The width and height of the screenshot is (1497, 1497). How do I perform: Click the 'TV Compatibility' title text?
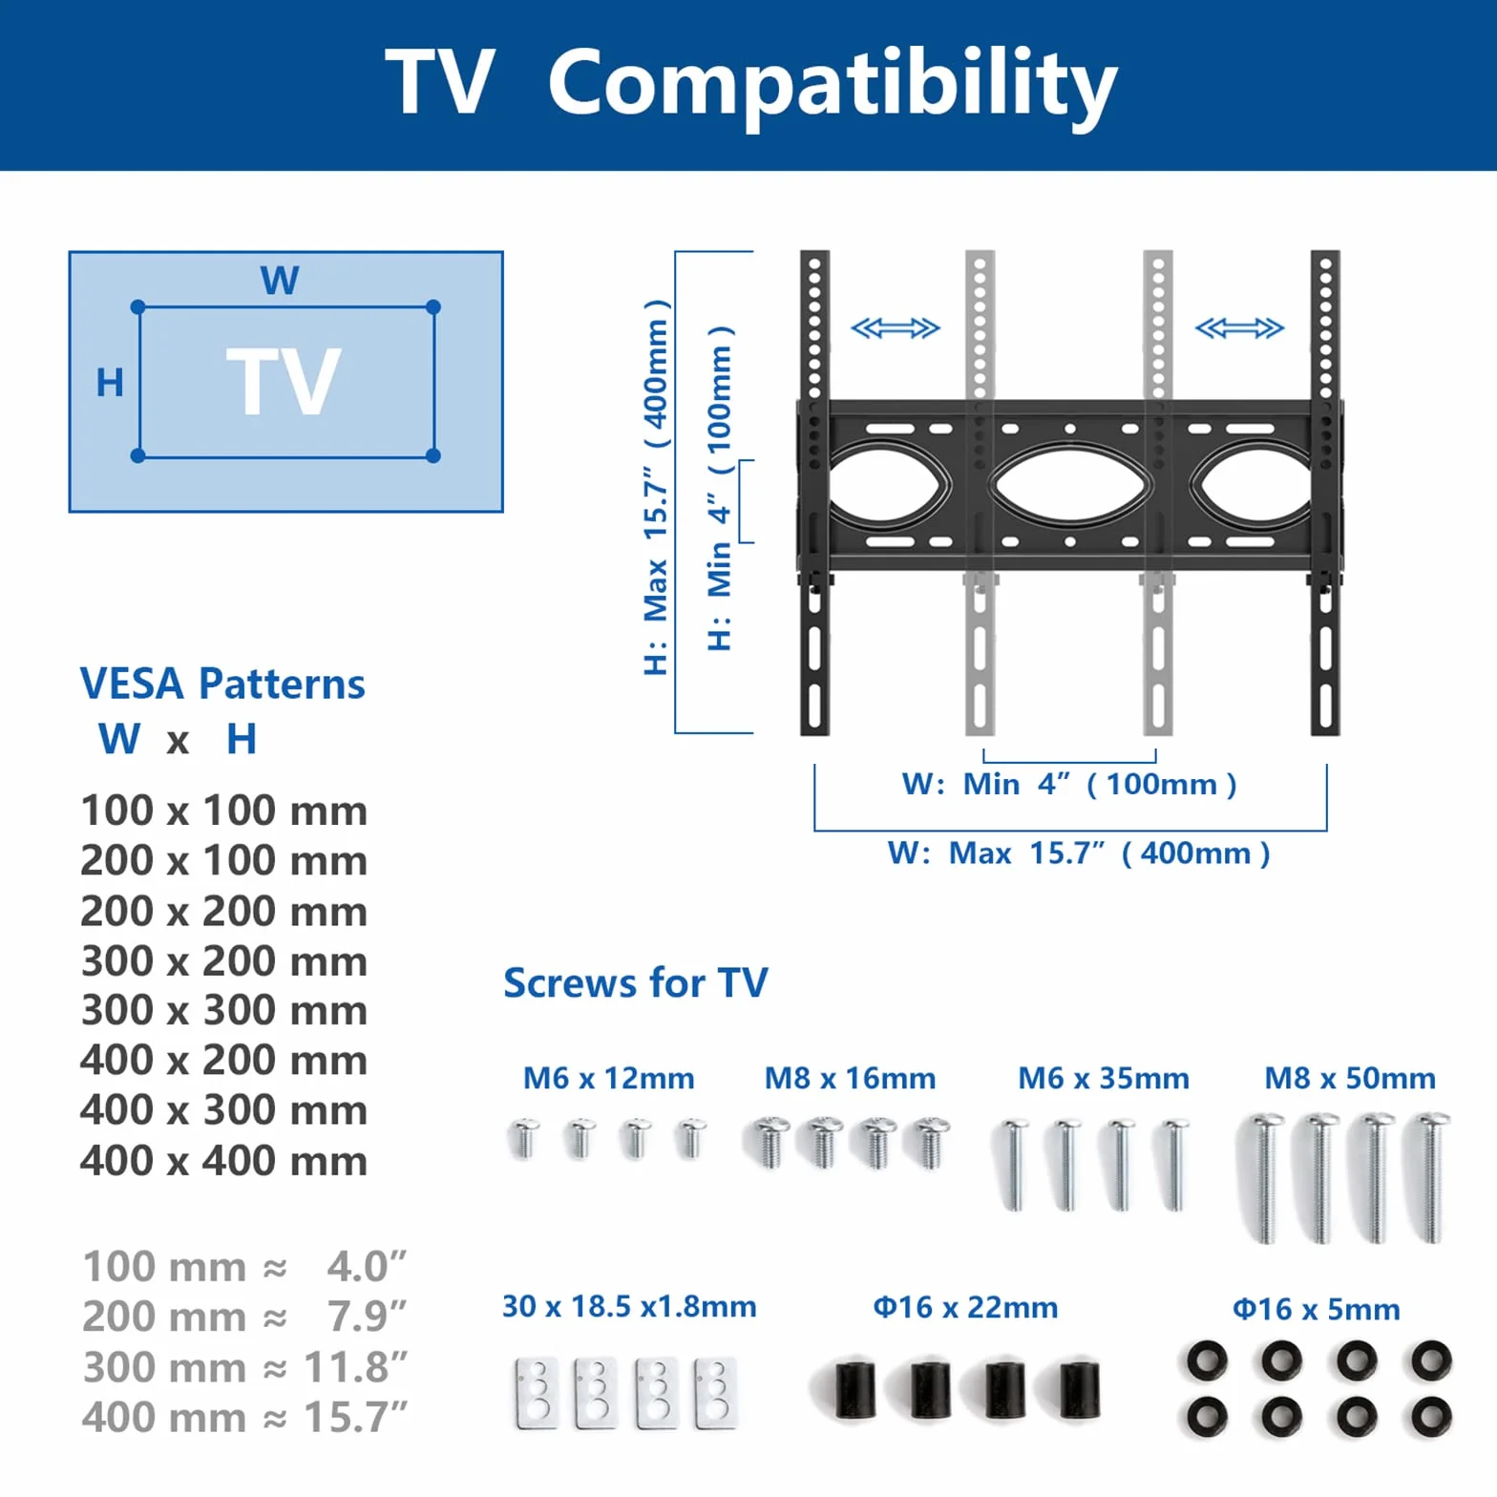click(750, 84)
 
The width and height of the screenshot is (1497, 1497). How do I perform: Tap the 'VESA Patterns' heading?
click(222, 684)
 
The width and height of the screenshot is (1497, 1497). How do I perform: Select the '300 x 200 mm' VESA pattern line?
click(223, 960)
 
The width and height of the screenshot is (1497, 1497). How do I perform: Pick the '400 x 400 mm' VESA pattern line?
click(223, 1160)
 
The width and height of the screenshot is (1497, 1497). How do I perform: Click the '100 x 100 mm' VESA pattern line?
click(223, 811)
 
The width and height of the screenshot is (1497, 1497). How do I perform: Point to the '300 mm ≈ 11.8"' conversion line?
click(244, 1367)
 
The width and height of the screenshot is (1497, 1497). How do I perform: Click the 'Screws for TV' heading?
click(635, 982)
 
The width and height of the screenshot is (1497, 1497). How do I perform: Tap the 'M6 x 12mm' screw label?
click(608, 1078)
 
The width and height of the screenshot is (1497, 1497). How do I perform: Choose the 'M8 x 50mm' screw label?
click(1350, 1078)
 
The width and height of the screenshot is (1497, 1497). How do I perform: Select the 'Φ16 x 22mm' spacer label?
click(965, 1307)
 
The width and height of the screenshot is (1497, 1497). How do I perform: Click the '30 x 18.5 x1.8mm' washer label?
click(629, 1306)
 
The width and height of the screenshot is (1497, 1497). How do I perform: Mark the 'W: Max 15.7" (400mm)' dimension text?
click(1079, 853)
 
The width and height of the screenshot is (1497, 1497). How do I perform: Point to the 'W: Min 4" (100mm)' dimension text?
click(1069, 784)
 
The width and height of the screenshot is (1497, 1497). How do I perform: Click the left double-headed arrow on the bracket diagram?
click(896, 328)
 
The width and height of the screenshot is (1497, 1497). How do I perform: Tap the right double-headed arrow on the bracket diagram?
click(1239, 328)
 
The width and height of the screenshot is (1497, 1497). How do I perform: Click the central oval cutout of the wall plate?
click(1069, 486)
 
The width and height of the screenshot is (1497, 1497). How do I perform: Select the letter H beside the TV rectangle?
click(110, 383)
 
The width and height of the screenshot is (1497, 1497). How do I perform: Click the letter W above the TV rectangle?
click(280, 281)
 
